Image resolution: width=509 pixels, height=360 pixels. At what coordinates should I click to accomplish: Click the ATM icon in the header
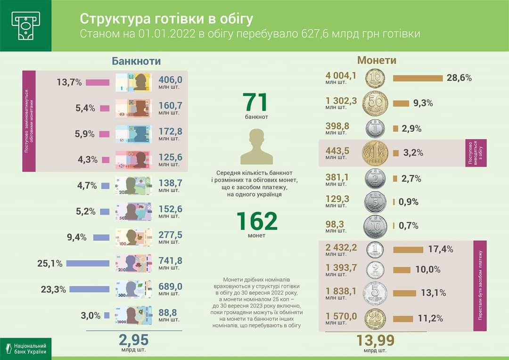[x=25, y=25]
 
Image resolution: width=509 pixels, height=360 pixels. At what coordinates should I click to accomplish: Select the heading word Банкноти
[x=136, y=61]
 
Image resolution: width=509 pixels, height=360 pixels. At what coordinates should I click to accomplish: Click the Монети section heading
[x=377, y=60]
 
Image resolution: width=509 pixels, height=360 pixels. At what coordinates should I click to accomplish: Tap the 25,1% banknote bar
[x=88, y=263]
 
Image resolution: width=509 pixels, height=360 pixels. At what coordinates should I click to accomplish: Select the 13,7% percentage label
[x=69, y=82]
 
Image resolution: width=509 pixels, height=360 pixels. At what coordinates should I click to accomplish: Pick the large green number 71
[x=256, y=103]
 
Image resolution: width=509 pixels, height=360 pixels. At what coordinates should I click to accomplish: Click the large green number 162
[x=256, y=221]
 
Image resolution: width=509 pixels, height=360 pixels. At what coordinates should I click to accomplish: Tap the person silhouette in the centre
[x=256, y=146]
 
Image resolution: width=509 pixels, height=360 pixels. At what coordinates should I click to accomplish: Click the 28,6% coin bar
[x=418, y=78]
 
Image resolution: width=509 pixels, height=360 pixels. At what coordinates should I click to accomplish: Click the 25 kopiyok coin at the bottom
[x=375, y=319]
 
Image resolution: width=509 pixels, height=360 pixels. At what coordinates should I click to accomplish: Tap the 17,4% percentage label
[x=441, y=249]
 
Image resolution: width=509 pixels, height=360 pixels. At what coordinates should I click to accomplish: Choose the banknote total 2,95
[x=133, y=340]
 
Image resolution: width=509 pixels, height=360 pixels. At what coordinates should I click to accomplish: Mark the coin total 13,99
[x=375, y=340]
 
